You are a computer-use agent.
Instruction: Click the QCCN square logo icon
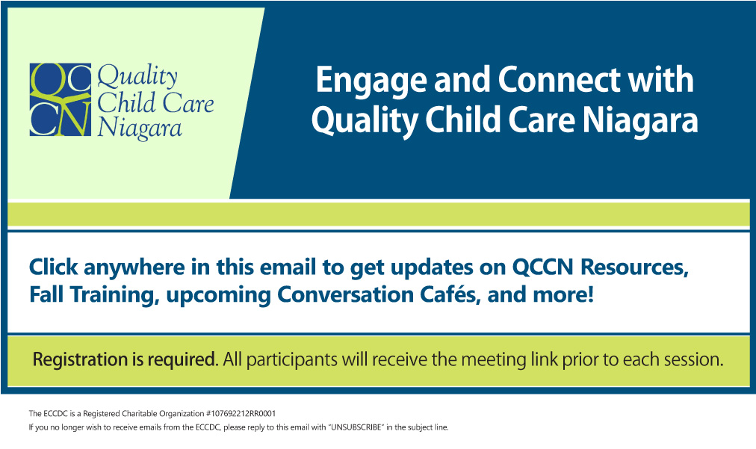click(61, 99)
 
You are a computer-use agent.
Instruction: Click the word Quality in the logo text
click(137, 77)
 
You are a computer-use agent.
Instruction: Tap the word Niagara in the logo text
click(140, 128)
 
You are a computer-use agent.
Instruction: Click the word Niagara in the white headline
click(640, 121)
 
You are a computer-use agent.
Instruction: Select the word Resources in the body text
click(634, 267)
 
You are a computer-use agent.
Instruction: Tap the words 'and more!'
click(541, 294)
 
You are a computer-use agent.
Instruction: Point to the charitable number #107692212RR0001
click(241, 413)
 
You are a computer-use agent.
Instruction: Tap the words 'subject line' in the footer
click(428, 427)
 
